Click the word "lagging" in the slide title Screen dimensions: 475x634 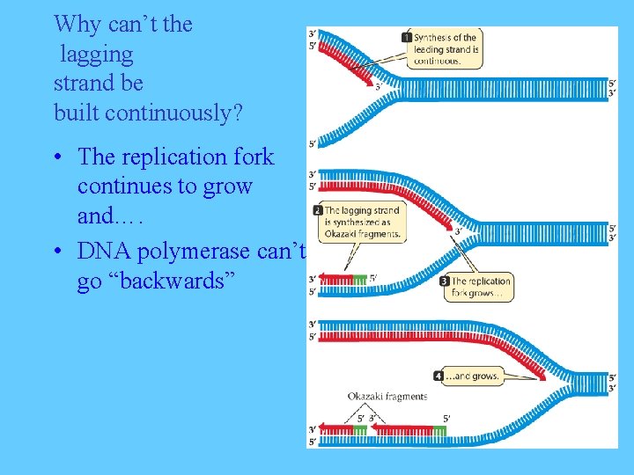[x=97, y=55]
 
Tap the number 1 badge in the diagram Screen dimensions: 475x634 [x=406, y=38]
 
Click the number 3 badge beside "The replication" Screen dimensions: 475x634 [x=445, y=281]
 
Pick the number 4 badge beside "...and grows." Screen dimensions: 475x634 [x=439, y=376]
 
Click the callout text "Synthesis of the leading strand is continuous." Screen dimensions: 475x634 [x=446, y=49]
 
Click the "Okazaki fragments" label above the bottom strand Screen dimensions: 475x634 [x=387, y=397]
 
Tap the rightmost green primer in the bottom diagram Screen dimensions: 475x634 [x=439, y=429]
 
